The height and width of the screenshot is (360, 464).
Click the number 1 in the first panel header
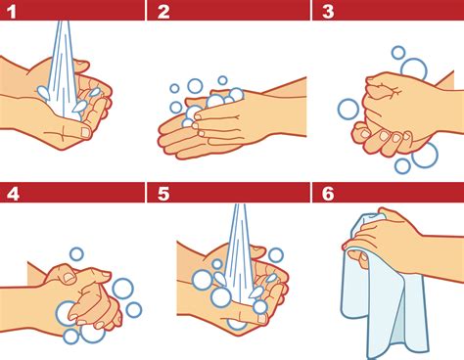pos(10,12)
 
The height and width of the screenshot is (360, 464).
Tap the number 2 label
pos(163,12)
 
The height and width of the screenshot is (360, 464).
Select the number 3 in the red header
pos(327,12)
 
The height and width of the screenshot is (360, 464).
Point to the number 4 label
pos(12,192)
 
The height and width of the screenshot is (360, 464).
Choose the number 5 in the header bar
pos(163,192)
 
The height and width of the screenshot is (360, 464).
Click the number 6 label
pos(327,192)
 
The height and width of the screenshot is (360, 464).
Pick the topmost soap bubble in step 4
pos(76,254)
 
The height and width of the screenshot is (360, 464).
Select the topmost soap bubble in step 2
pos(222,80)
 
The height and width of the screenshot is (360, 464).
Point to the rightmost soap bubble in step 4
pos(134,309)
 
